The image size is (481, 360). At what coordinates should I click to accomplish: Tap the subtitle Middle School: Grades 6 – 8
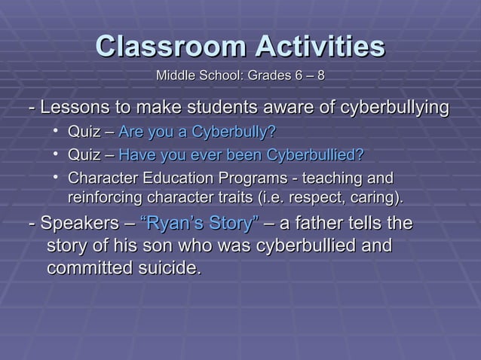tap(240, 76)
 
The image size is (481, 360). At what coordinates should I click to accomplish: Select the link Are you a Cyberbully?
tap(197, 134)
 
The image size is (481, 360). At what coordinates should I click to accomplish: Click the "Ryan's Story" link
tap(201, 224)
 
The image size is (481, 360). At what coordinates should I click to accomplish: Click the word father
tap(327, 224)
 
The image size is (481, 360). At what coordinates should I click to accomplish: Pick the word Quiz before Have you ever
tap(84, 156)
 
